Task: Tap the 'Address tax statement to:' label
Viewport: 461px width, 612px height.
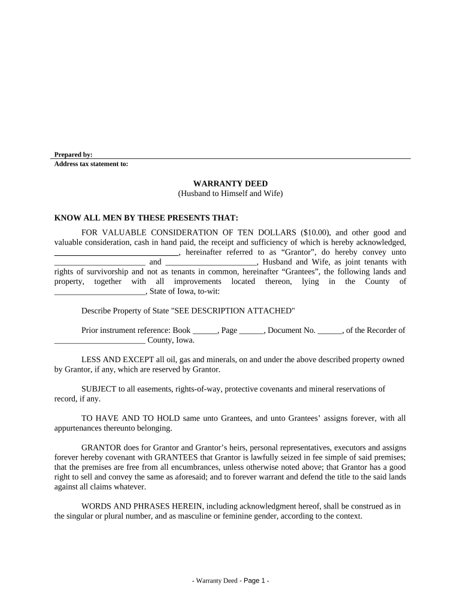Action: (x=91, y=164)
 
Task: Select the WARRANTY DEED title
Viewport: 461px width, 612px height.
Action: (x=230, y=183)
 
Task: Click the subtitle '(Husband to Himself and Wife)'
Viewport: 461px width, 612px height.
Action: (x=230, y=194)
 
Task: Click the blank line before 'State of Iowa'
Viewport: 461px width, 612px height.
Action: (x=99, y=292)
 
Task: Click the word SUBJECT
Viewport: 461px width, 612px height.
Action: (x=101, y=388)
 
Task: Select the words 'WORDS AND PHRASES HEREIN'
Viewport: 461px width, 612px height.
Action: (x=132, y=506)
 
